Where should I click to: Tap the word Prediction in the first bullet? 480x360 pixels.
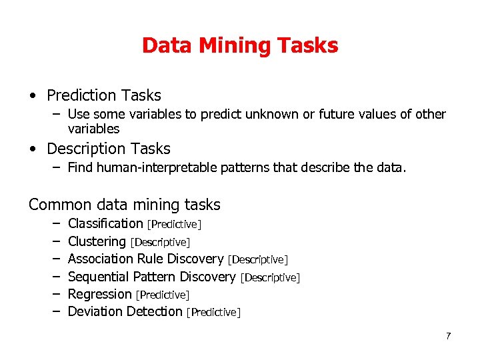point(81,96)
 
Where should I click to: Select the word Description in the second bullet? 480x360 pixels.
point(86,149)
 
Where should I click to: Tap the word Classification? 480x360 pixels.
point(105,223)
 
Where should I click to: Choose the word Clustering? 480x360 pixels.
point(97,241)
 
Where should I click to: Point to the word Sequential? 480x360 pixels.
point(99,277)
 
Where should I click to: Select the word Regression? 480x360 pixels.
point(100,294)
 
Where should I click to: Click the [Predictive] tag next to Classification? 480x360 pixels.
point(174,225)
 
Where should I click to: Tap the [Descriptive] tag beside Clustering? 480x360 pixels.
point(160,242)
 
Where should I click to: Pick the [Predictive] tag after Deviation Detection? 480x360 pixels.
point(213,312)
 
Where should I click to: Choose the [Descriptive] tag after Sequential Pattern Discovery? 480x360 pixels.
point(270,277)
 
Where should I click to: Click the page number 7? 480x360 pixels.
point(449,336)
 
